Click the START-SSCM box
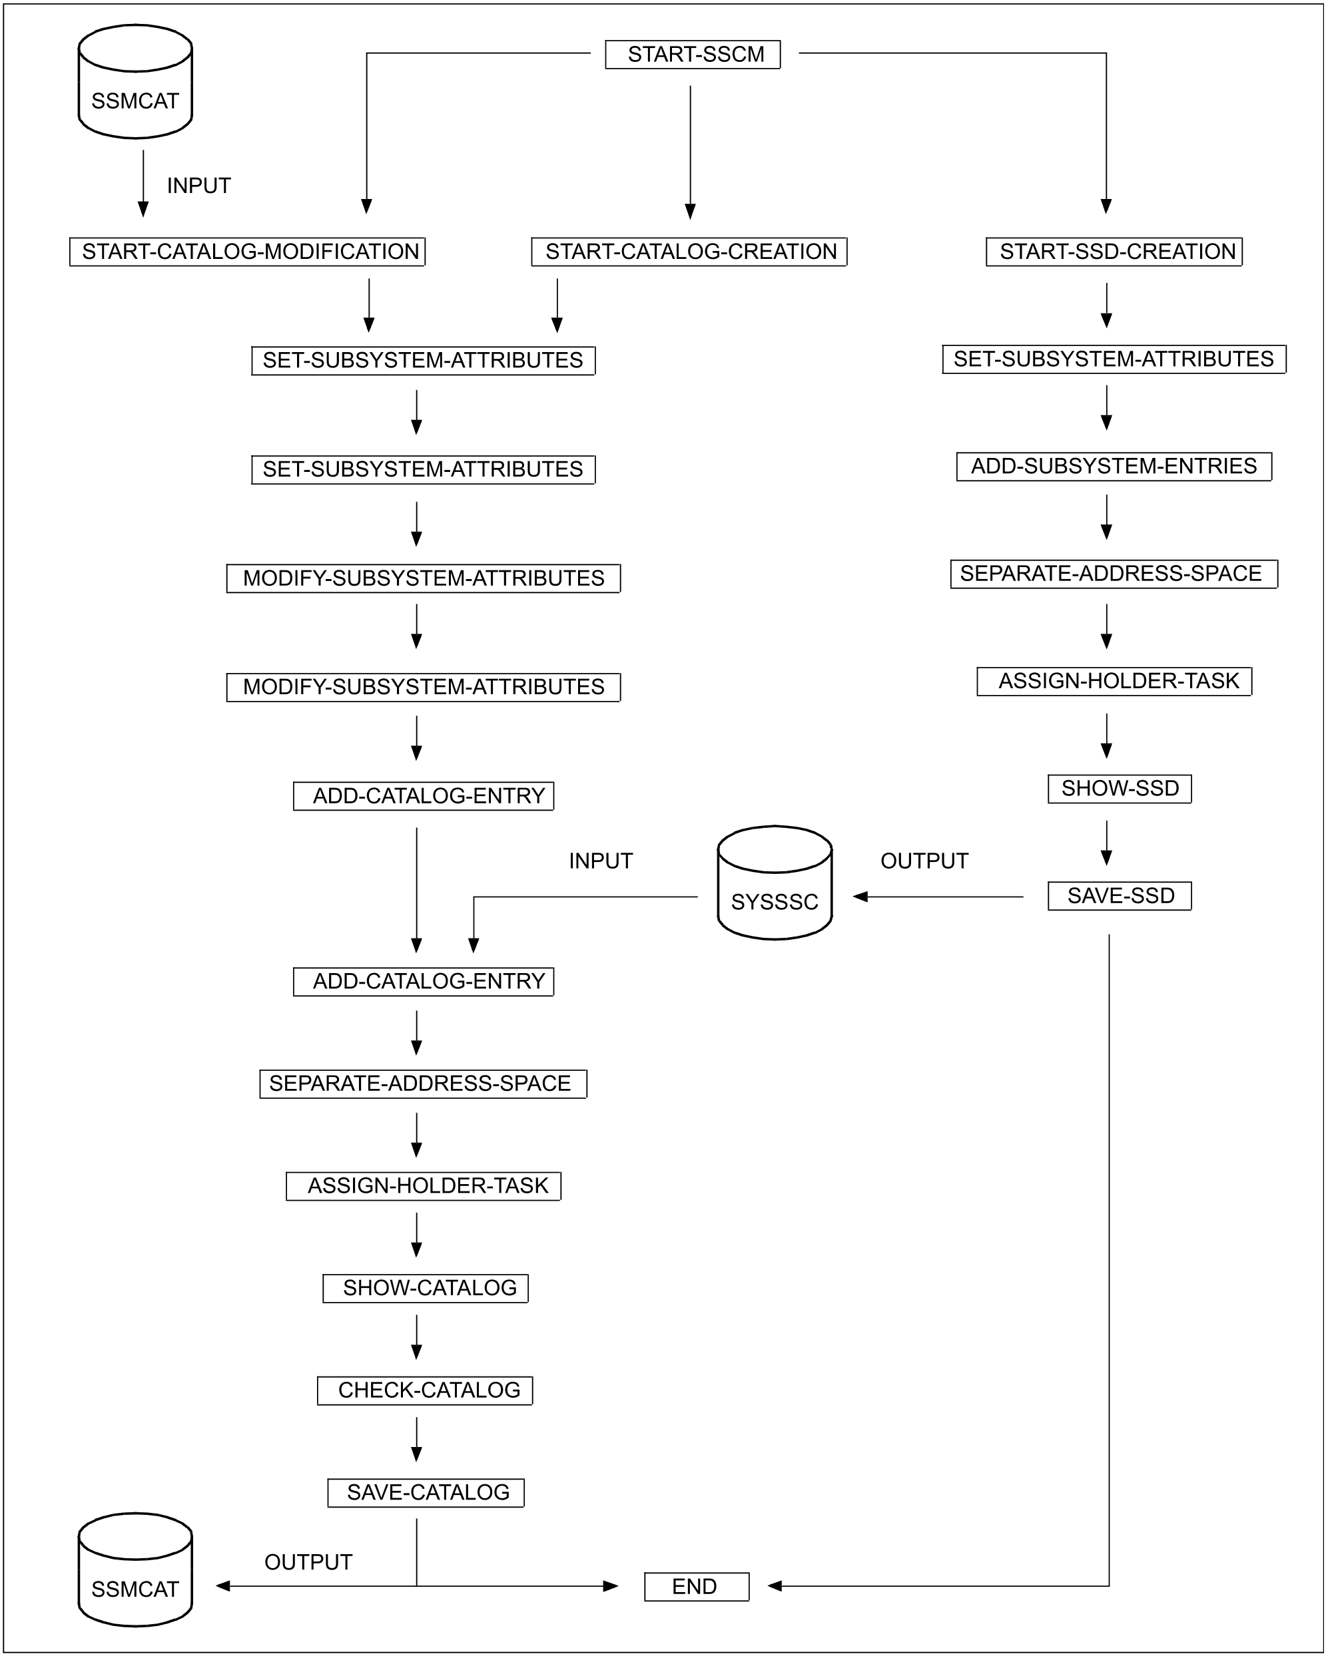pyautogui.click(x=693, y=55)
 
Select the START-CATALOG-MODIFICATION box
pyautogui.click(x=248, y=252)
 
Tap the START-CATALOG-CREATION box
pyautogui.click(x=689, y=252)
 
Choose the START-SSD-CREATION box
pyautogui.click(x=1114, y=252)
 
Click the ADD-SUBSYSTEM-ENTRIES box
pyautogui.click(x=1114, y=466)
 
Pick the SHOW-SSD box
pyautogui.click(x=1119, y=789)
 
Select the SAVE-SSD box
pyautogui.click(x=1119, y=897)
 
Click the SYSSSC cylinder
pyautogui.click(x=775, y=883)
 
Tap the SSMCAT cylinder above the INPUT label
pyautogui.click(x=135, y=82)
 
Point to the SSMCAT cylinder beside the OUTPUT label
pyautogui.click(x=135, y=1570)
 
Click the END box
pyautogui.click(x=696, y=1587)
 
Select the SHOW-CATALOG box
pyautogui.click(x=425, y=1288)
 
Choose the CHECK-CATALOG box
pyautogui.click(x=425, y=1390)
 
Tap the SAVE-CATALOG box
pyautogui.click(x=426, y=1492)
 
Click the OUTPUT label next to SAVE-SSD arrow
pyautogui.click(x=924, y=861)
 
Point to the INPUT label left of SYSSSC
pyautogui.click(x=600, y=861)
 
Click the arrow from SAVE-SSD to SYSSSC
pyautogui.click(x=938, y=897)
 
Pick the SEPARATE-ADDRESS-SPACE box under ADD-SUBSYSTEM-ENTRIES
pyautogui.click(x=1114, y=574)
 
